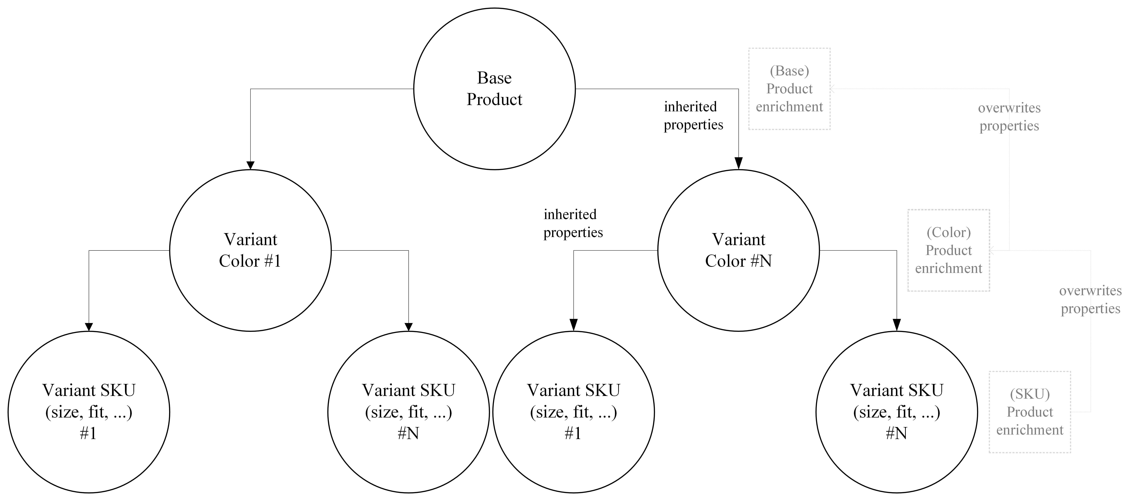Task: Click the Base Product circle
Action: (x=494, y=89)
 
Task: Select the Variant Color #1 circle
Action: (x=250, y=250)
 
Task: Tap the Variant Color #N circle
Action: (x=738, y=250)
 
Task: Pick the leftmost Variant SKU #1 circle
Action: (x=89, y=412)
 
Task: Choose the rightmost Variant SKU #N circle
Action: (x=896, y=412)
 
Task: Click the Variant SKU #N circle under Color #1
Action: (x=408, y=412)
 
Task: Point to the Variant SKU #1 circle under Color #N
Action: (x=574, y=412)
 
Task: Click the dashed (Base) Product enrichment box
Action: (x=789, y=89)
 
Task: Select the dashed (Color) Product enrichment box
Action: (x=948, y=250)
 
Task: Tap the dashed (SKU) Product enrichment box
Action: (x=1030, y=412)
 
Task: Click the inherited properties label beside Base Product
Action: (x=693, y=116)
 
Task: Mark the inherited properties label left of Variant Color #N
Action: (x=573, y=223)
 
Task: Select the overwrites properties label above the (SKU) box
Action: (x=1090, y=300)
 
